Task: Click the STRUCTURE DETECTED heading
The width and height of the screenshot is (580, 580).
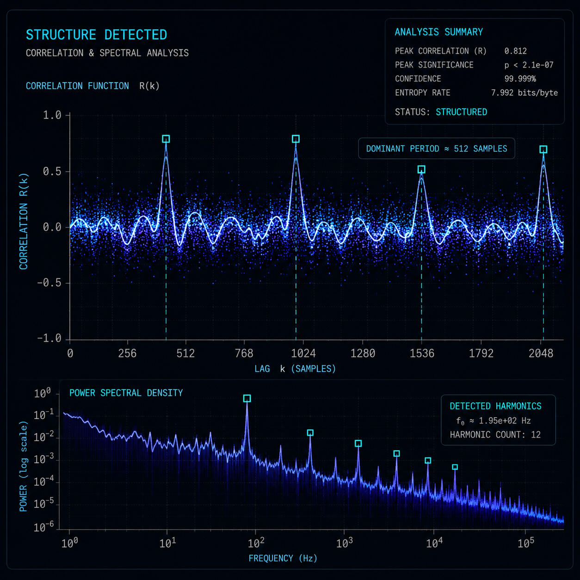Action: pos(96,35)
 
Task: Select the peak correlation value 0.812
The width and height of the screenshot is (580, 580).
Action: pos(515,51)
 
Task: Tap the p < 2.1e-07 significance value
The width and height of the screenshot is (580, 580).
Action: pos(529,65)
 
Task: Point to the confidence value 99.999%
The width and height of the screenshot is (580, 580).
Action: pos(520,79)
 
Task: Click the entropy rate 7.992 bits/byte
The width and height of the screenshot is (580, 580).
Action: pos(524,93)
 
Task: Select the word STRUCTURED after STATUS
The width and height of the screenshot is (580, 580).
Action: pos(462,112)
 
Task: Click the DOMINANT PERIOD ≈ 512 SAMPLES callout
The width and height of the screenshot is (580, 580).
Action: pos(437,148)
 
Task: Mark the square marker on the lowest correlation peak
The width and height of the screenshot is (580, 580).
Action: pos(421,169)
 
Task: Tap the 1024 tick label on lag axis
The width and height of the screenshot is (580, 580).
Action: pos(303,353)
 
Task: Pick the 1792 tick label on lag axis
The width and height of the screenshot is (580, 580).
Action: pos(481,353)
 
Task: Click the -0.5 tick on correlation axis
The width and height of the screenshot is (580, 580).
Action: pos(49,283)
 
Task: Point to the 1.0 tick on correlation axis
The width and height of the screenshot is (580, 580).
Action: pos(52,115)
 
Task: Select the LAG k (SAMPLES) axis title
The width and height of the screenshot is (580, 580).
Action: pos(295,369)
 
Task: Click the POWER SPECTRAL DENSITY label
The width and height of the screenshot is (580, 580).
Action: pos(126,393)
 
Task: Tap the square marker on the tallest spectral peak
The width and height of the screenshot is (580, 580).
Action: pos(247,398)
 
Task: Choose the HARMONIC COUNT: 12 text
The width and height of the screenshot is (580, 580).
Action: pos(495,434)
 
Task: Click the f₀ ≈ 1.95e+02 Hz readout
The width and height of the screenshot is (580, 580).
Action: pos(494,420)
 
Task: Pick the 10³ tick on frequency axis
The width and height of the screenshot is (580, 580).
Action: pos(344,543)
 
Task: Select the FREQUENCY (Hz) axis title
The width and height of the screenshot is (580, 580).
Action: pos(283,558)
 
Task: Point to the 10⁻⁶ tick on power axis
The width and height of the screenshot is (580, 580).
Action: pos(44,526)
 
